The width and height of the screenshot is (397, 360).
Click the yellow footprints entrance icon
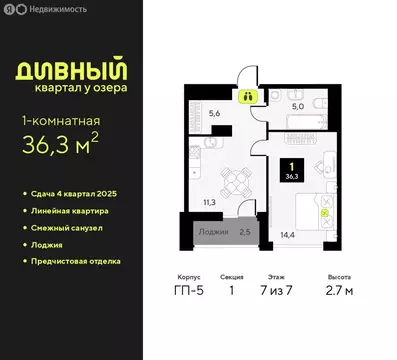tap(247, 97)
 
